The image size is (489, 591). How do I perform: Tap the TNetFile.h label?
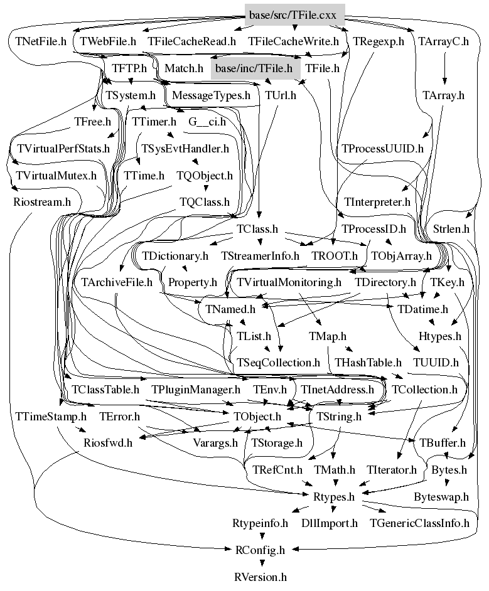(x=41, y=41)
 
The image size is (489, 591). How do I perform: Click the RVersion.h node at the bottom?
(x=260, y=577)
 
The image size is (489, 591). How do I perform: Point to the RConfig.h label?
(x=260, y=550)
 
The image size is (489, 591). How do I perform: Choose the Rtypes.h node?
(x=334, y=497)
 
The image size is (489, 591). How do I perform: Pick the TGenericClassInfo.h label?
(x=419, y=523)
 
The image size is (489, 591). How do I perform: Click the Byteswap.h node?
(x=441, y=497)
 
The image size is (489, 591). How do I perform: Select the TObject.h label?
(x=257, y=417)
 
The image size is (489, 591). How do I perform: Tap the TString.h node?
(x=338, y=417)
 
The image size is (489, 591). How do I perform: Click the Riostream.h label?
(x=42, y=202)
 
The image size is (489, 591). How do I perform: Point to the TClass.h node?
(x=257, y=229)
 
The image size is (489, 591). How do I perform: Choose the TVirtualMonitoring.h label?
(x=289, y=282)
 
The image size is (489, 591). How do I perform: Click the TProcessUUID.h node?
(x=382, y=149)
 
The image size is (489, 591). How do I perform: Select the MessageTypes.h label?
(x=211, y=95)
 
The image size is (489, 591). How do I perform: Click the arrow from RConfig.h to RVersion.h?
(x=262, y=562)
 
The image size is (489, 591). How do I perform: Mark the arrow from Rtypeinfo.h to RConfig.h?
(x=262, y=535)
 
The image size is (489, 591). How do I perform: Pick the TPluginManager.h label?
(x=196, y=390)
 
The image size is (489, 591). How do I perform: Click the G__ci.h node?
(x=207, y=122)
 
